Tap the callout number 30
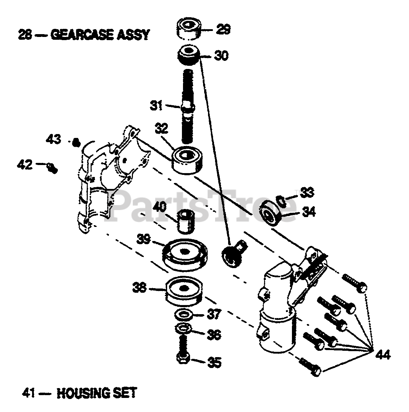pos(221,56)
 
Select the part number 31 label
pos(156,105)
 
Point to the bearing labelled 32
pos(187,160)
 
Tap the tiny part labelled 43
pos(75,142)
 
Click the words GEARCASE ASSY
pos(100,35)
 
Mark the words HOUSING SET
pos(97,393)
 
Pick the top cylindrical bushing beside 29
pos(188,30)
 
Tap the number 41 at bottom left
pos(27,393)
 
